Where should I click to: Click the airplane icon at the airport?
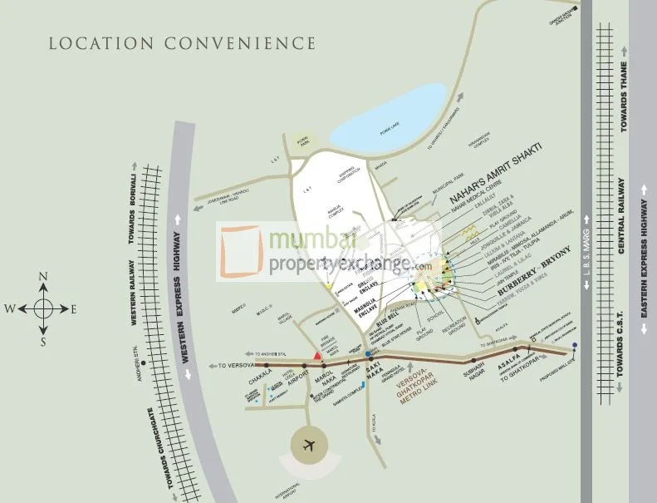[308, 445]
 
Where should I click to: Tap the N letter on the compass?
[44, 278]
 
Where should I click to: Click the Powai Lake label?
[365, 130]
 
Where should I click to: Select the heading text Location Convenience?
[182, 43]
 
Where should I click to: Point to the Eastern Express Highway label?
[644, 266]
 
